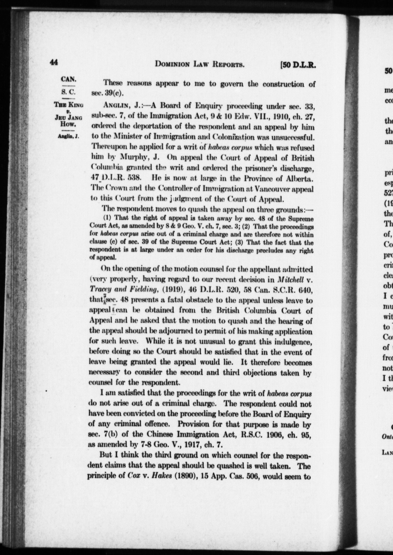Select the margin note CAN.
click(68, 79)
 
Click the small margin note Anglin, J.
click(68, 137)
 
